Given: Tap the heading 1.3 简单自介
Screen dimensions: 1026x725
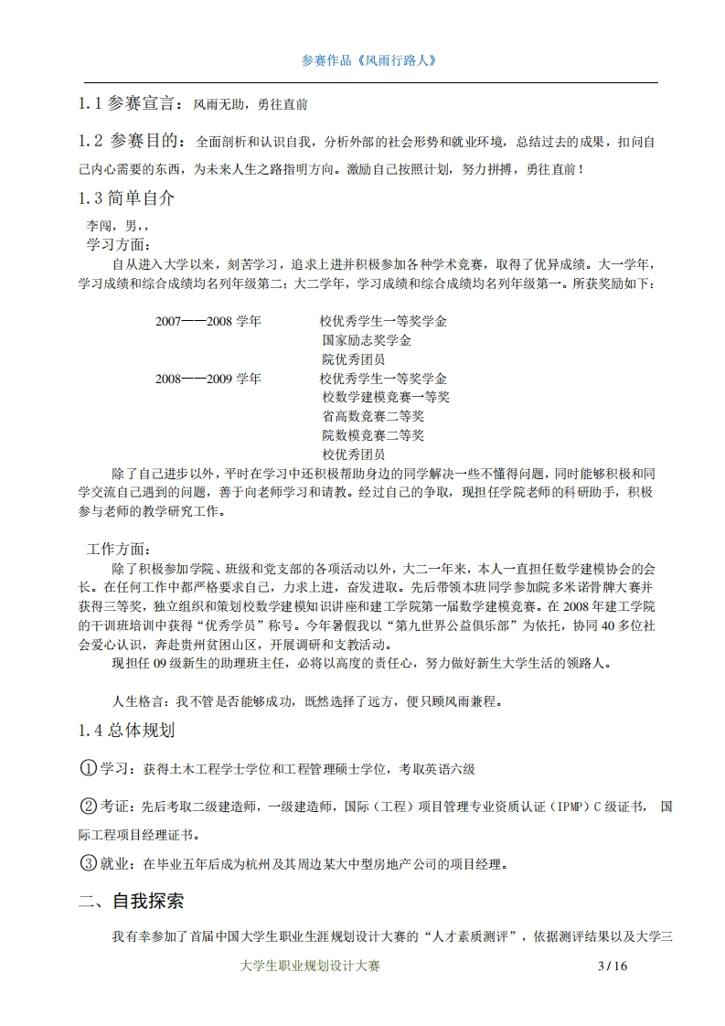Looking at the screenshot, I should [x=126, y=198].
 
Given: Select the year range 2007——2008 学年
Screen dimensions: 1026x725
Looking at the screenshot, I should [x=208, y=322].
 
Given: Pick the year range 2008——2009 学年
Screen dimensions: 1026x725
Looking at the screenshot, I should [x=208, y=379].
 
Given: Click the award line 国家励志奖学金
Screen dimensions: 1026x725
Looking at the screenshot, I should [x=367, y=341].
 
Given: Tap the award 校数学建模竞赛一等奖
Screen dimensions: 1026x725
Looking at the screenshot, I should [x=386, y=397].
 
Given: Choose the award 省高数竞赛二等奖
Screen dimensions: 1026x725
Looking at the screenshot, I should [x=367, y=416].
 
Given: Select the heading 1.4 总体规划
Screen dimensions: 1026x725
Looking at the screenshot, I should [x=126, y=731].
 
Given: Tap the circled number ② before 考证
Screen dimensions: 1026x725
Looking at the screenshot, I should [x=89, y=806].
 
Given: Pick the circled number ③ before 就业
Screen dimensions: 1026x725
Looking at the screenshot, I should [x=89, y=863].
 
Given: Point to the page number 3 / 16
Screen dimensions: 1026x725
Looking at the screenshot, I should [x=613, y=966].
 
